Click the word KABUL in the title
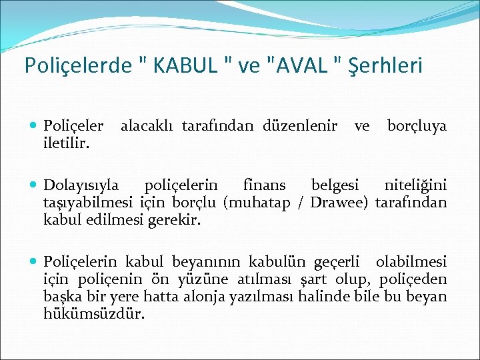pyautogui.click(x=189, y=66)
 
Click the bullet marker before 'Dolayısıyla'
pyautogui.click(x=34, y=185)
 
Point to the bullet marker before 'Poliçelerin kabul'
pyautogui.click(x=34, y=262)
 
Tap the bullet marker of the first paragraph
pyautogui.click(x=34, y=126)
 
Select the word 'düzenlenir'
pyautogui.click(x=300, y=126)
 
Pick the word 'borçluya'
pyautogui.click(x=417, y=126)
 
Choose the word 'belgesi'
pyautogui.click(x=335, y=185)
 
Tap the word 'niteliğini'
pyautogui.click(x=415, y=185)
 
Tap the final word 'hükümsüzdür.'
pyautogui.click(x=93, y=314)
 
